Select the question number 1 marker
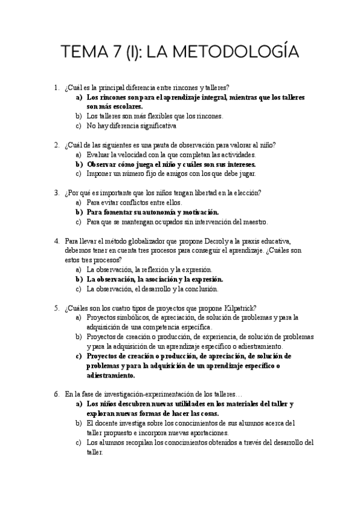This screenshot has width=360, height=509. pos(56,87)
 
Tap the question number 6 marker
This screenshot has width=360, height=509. pos(56,394)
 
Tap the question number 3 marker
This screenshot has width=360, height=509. pos(56,193)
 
